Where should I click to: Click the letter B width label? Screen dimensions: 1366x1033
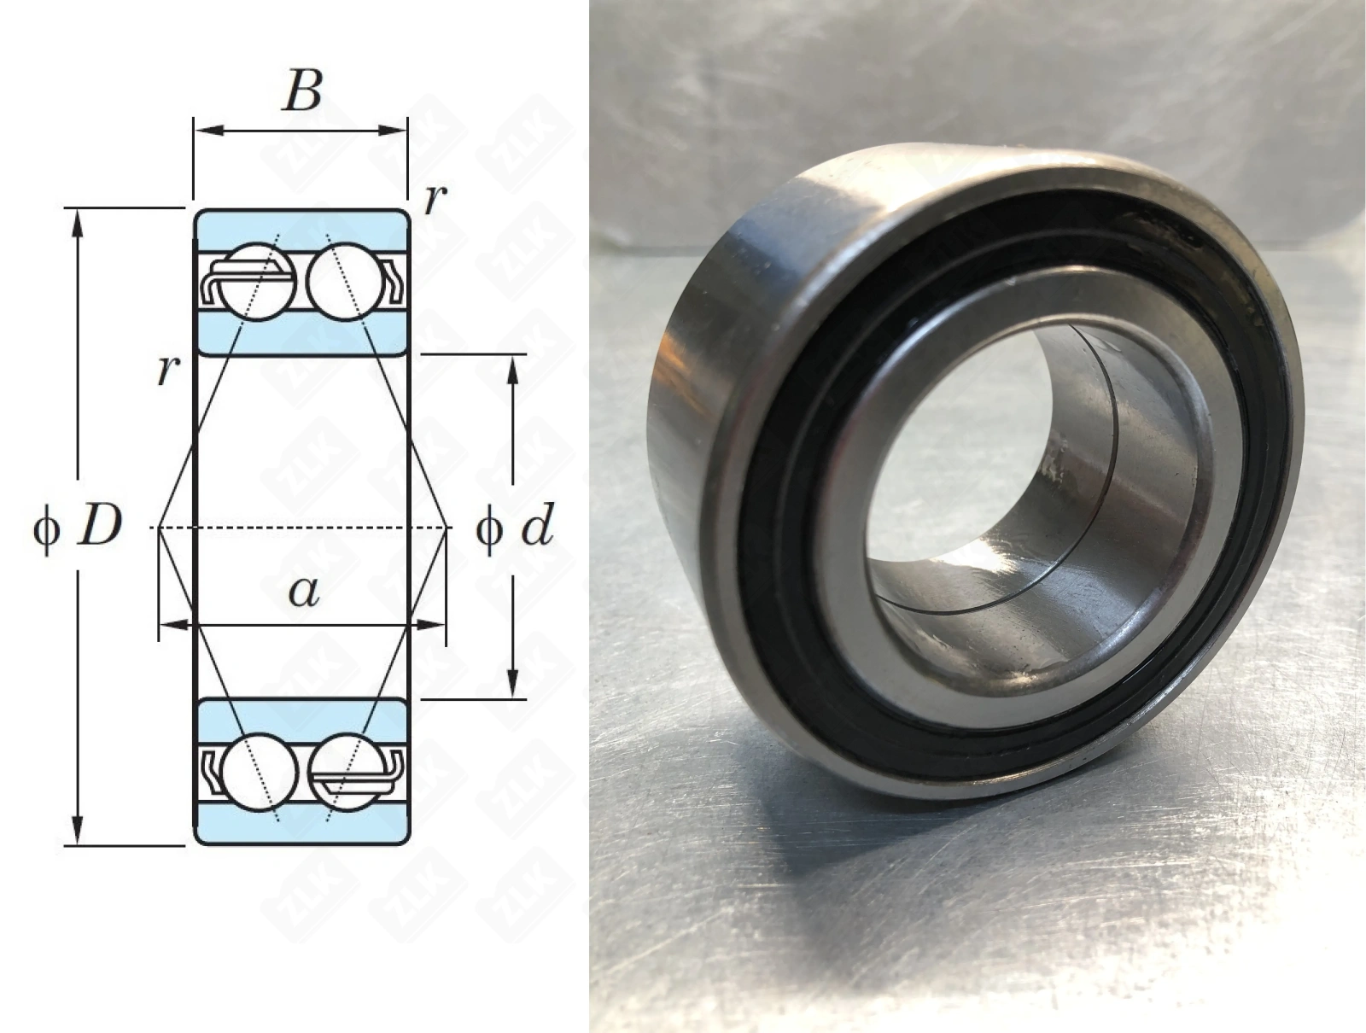(x=302, y=91)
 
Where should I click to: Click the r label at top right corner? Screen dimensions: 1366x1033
(x=435, y=200)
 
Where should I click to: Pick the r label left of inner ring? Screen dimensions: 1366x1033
(x=169, y=371)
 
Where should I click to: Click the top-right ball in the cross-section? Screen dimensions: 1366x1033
(x=346, y=282)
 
